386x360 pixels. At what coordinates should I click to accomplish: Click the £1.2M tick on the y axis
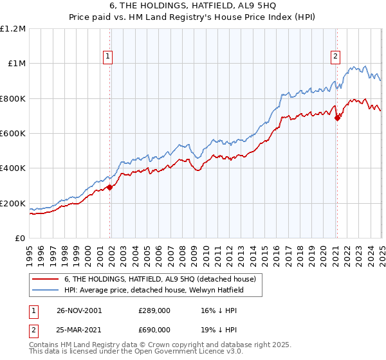click(x=12, y=28)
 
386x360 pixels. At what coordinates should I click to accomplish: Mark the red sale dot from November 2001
click(x=109, y=188)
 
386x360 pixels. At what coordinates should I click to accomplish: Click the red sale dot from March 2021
click(x=337, y=118)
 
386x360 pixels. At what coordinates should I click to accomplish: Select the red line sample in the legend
click(x=46, y=279)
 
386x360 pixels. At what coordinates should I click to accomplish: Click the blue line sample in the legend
click(x=46, y=290)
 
